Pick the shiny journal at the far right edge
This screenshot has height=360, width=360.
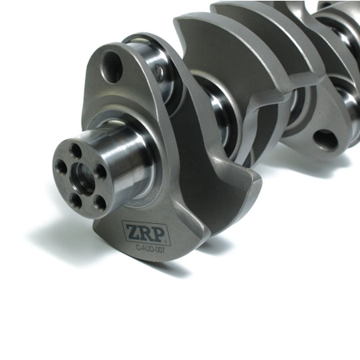(x=347, y=104)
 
